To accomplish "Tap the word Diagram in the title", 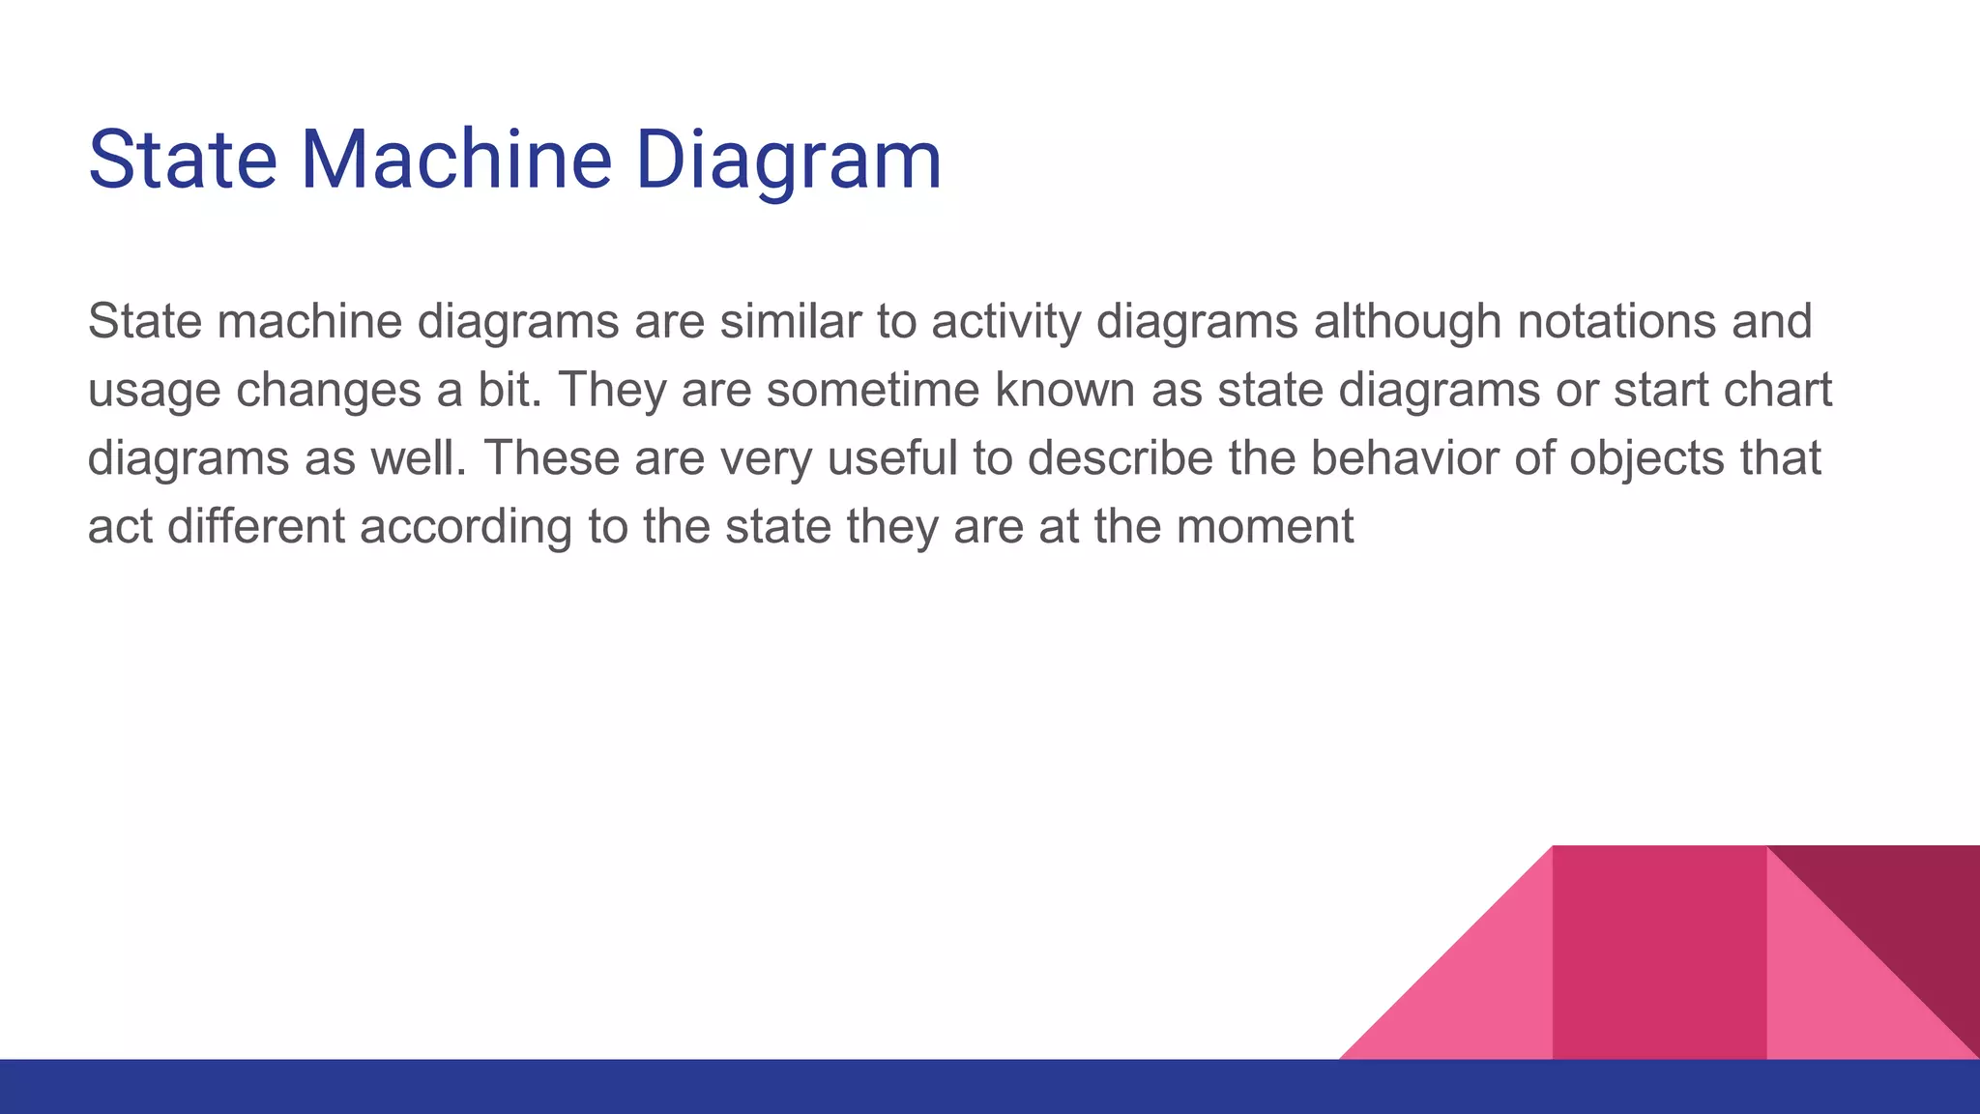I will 788,161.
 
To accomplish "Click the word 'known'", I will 1064,390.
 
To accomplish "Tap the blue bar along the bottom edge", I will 677,1087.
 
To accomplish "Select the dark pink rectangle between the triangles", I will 1659,953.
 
